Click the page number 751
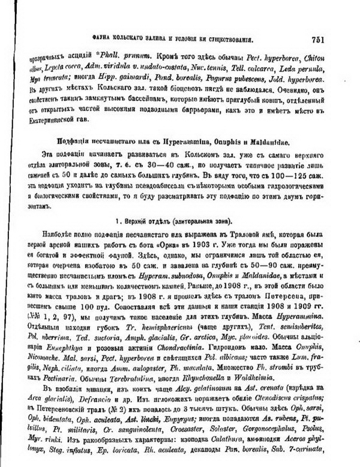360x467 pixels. point(318,40)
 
